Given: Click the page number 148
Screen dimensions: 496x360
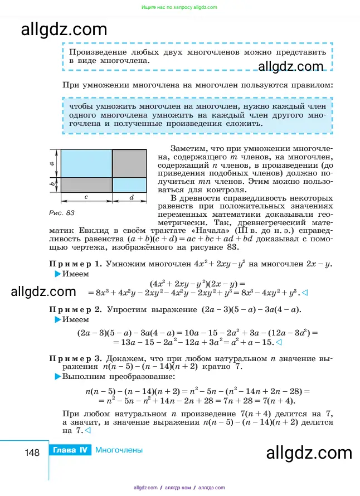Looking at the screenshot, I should click(32, 452).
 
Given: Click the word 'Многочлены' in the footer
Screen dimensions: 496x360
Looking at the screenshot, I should click(119, 450).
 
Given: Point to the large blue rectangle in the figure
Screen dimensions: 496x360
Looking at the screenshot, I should click(86, 163).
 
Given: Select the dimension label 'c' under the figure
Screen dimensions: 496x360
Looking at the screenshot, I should click(86, 197).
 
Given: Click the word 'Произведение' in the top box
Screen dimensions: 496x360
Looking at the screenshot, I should click(96, 52).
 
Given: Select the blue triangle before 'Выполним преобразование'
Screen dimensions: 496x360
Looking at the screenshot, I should click(57, 378).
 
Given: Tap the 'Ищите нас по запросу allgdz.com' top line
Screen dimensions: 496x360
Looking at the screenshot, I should click(179, 7).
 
